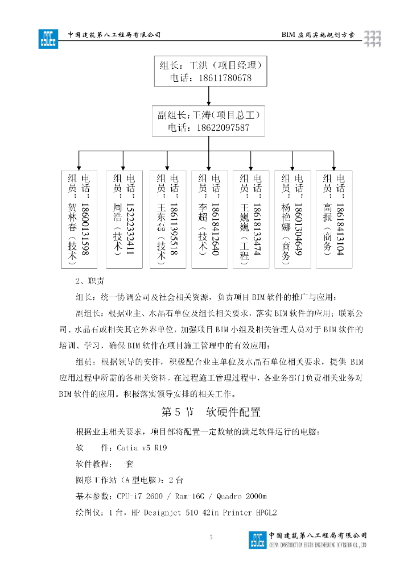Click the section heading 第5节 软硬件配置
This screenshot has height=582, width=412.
[x=211, y=411]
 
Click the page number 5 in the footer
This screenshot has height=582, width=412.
[x=211, y=537]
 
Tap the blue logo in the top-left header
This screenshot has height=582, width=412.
[x=48, y=38]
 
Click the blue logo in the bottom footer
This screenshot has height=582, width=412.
[x=257, y=539]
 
